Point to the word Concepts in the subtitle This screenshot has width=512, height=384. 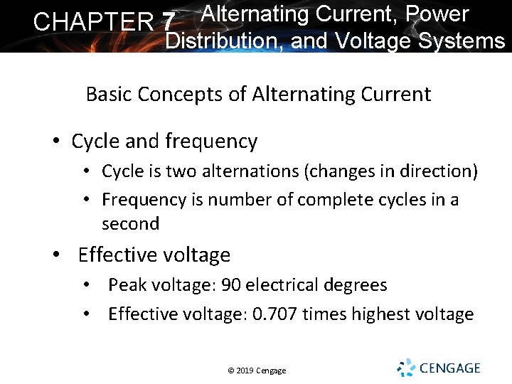pyautogui.click(x=186, y=94)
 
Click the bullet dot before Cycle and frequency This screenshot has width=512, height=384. pyautogui.click(x=56, y=142)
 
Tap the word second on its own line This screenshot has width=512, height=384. pyautogui.click(x=130, y=223)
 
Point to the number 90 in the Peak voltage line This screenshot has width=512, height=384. pyautogui.click(x=231, y=285)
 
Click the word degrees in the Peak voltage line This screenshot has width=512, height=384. pyautogui.click(x=353, y=285)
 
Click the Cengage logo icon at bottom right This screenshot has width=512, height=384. pyautogui.click(x=406, y=368)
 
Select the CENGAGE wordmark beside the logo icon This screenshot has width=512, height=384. pyautogui.click(x=449, y=368)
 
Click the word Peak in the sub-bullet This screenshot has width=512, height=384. pyautogui.click(x=126, y=285)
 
